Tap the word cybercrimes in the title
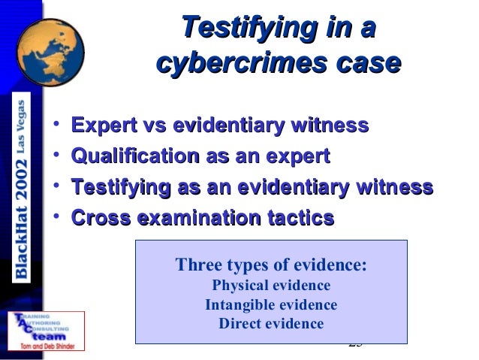click(x=239, y=65)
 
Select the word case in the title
click(x=363, y=65)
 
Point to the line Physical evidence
click(x=271, y=286)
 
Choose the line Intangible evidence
click(x=271, y=305)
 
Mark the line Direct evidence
click(x=271, y=324)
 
